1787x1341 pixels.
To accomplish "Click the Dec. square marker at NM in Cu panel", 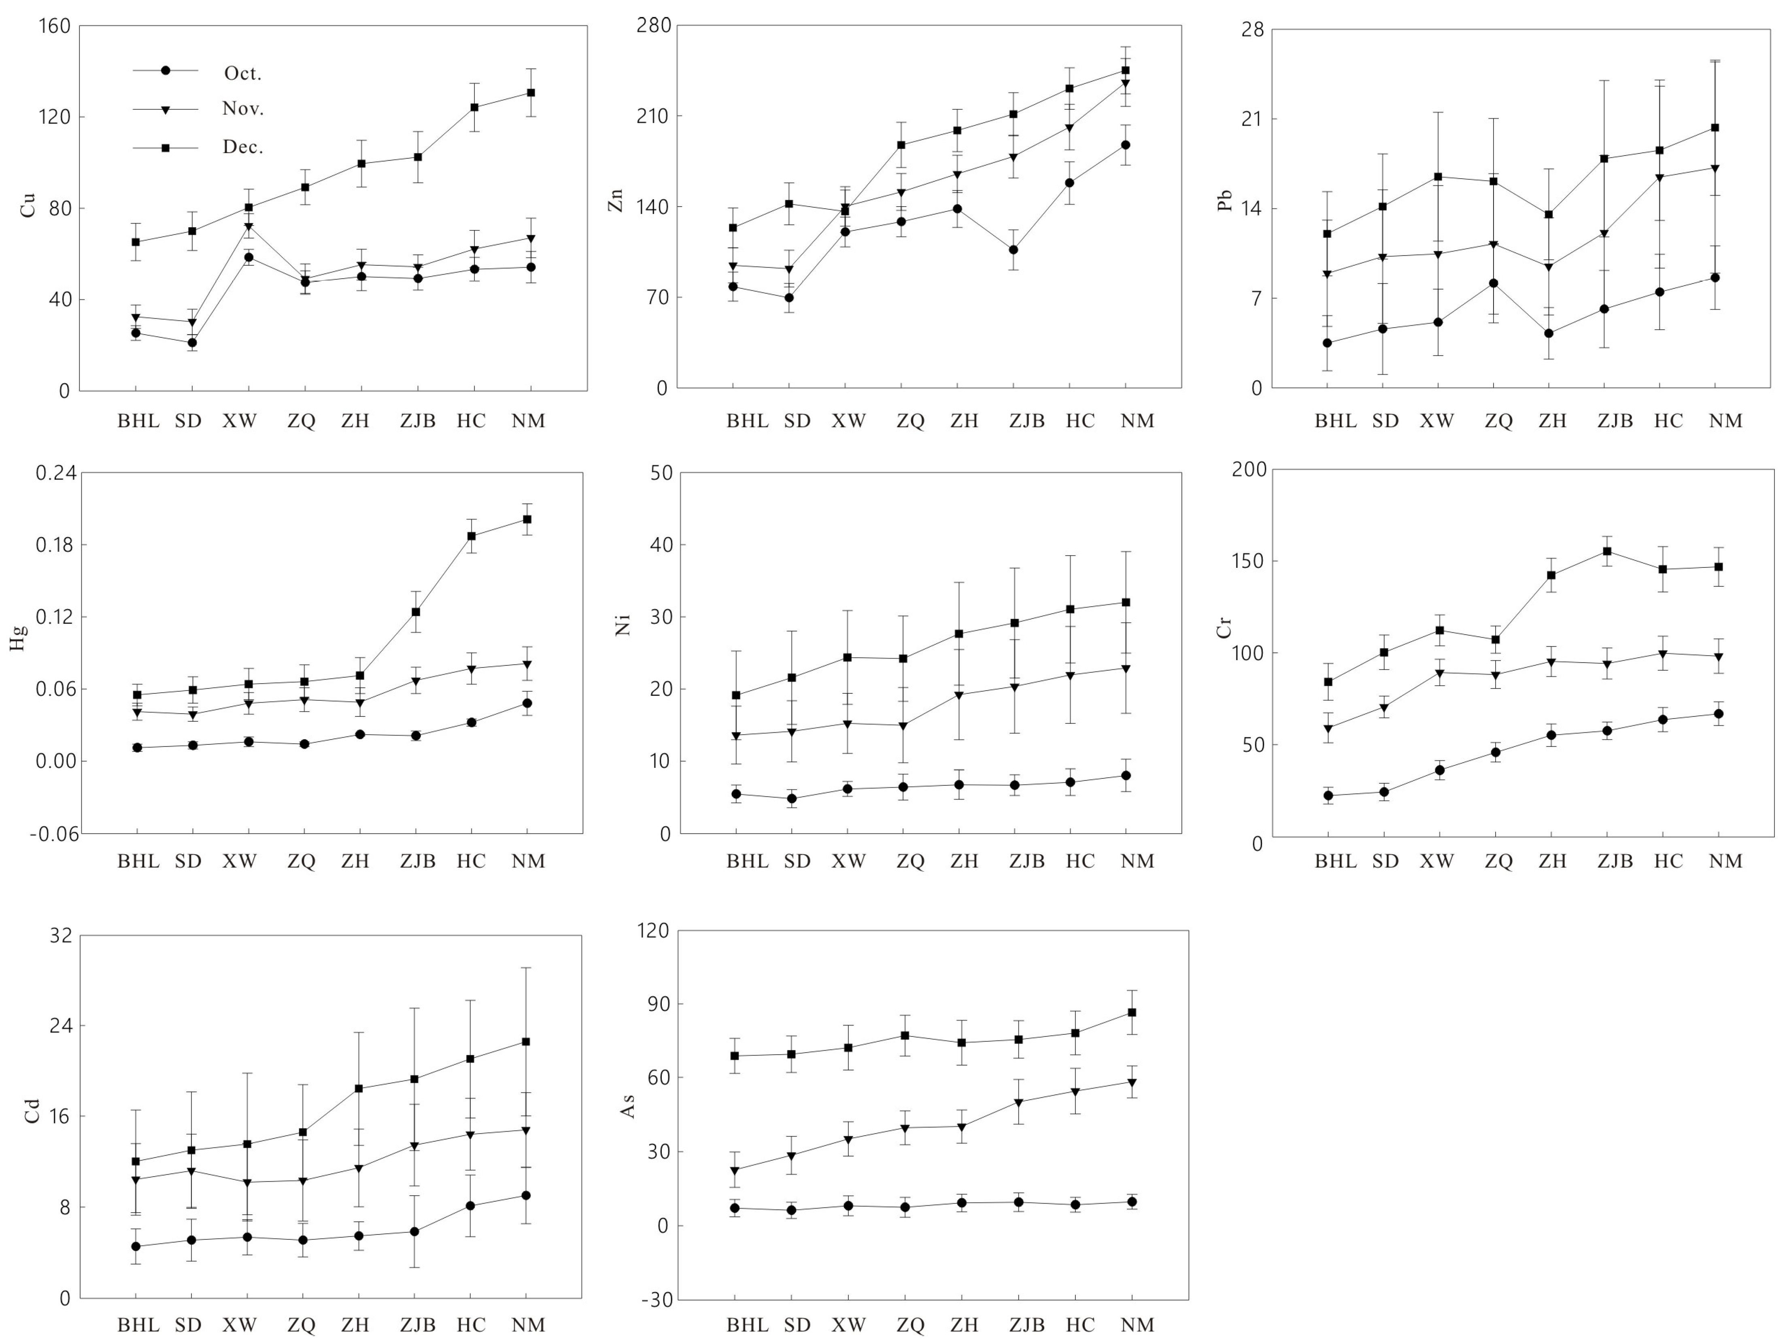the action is pos(531,92).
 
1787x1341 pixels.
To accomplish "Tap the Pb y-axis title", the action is pos(1225,200).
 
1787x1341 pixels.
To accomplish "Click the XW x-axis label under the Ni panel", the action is pos(848,861).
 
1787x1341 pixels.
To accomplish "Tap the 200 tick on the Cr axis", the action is pos(1249,470).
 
